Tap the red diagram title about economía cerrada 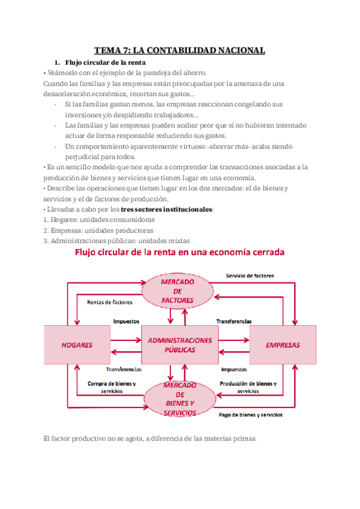point(179,253)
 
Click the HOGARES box point(77,345)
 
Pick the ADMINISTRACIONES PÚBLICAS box point(179,345)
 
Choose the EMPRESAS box point(283,345)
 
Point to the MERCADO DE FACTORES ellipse point(177,291)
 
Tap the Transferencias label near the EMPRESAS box point(234,322)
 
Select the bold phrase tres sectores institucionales point(166,209)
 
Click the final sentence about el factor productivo point(150,439)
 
